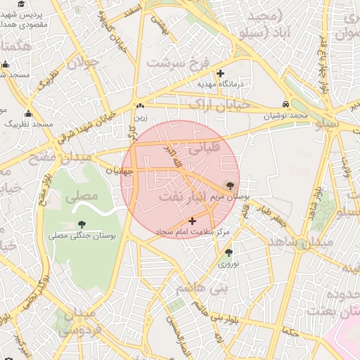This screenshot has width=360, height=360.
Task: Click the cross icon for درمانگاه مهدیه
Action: point(221,73)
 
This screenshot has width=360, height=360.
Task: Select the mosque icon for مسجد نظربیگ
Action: point(28,114)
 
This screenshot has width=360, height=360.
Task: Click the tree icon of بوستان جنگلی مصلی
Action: point(74,225)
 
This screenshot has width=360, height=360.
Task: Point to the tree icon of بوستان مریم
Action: point(231,185)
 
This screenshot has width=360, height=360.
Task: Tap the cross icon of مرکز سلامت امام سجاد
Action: point(193,221)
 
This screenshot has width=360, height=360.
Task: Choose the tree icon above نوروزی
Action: point(229,252)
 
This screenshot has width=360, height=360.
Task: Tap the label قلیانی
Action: point(205,148)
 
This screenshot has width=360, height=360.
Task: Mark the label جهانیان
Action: point(120,171)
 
